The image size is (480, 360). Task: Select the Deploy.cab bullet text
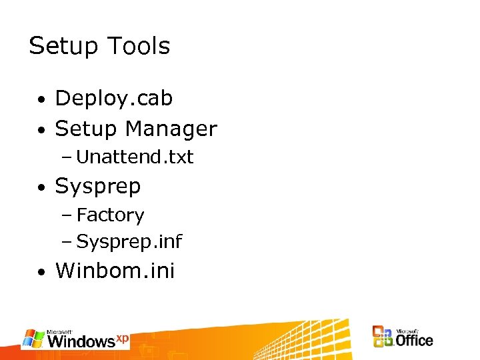pos(114,99)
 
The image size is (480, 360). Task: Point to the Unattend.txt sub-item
pos(135,157)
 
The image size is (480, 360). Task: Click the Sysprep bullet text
pos(98,187)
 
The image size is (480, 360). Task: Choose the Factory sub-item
pos(110,215)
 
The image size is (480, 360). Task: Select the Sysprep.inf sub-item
pos(129,241)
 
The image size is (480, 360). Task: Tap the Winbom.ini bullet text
pos(115,271)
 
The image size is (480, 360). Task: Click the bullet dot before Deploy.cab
pos(41,101)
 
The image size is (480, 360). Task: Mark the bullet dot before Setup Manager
pos(41,131)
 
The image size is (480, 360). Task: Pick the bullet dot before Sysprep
pos(41,189)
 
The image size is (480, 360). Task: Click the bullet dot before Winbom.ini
pos(41,273)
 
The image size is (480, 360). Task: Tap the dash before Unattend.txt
pos(67,157)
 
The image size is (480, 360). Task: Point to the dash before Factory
pos(67,215)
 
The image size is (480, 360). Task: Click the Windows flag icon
pos(33,338)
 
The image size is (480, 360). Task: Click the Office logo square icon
pos(383,337)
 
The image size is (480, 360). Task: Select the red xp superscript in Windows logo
pos(122,337)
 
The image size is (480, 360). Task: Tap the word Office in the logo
pos(414,341)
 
